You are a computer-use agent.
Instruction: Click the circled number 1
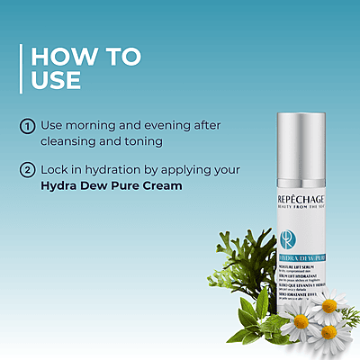(x=27, y=126)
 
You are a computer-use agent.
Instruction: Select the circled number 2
(x=27, y=170)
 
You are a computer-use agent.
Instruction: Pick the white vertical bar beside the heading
(x=22, y=68)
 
